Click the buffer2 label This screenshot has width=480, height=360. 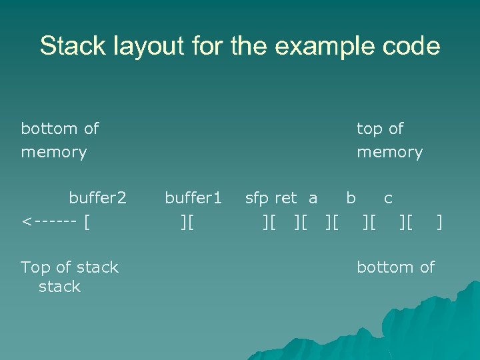(x=97, y=198)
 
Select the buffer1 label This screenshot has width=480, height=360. (x=193, y=198)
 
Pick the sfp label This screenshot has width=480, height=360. (x=257, y=198)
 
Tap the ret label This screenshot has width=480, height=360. (x=285, y=198)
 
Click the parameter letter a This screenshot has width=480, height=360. (x=313, y=198)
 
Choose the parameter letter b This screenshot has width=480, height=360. (x=351, y=198)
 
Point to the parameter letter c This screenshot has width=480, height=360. (x=388, y=198)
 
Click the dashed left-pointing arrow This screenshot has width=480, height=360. (x=47, y=221)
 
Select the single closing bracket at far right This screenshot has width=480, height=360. (x=439, y=221)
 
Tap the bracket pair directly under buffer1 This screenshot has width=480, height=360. (x=187, y=221)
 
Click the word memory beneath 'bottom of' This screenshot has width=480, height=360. (x=54, y=153)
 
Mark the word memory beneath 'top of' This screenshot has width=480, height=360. (x=389, y=153)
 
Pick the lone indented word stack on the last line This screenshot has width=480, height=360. (x=59, y=287)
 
